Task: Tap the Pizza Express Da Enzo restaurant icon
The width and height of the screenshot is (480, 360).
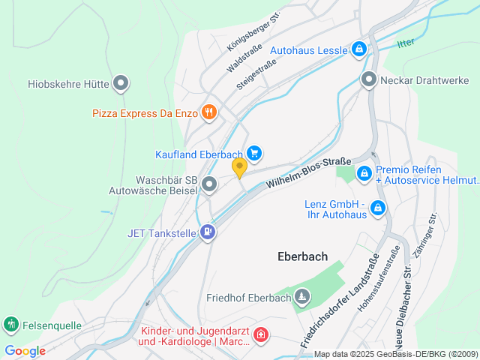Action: click(208, 113)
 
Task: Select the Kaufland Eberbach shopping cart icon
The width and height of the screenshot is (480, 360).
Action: click(254, 153)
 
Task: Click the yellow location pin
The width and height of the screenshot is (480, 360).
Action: click(239, 168)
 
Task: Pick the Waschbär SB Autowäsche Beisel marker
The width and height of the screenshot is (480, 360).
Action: click(209, 183)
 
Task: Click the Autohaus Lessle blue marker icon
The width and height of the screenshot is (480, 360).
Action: click(359, 49)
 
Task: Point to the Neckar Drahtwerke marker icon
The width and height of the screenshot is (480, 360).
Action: click(368, 79)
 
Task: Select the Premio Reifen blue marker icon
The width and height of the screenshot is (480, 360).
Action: click(364, 174)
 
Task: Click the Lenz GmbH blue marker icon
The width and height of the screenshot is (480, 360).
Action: click(378, 208)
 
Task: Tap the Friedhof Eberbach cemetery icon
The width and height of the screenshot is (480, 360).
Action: click(301, 298)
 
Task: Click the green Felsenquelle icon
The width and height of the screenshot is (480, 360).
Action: click(11, 324)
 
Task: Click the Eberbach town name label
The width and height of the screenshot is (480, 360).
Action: click(302, 256)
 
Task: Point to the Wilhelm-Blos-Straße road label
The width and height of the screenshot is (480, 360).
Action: click(309, 172)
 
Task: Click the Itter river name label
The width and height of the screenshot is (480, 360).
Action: click(406, 43)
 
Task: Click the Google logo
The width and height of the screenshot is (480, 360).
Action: click(25, 350)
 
